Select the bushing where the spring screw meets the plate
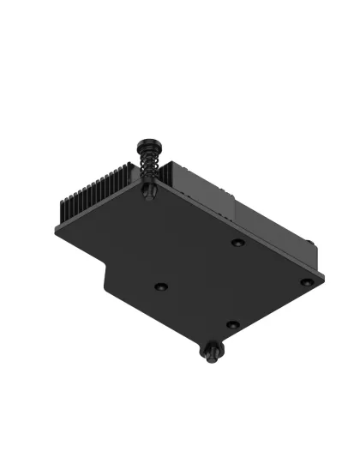coord(149,193)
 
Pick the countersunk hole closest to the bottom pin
coord(231,325)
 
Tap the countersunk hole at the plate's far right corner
coord(306,280)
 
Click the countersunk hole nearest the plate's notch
coord(160,286)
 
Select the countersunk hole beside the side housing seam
coord(238,244)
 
